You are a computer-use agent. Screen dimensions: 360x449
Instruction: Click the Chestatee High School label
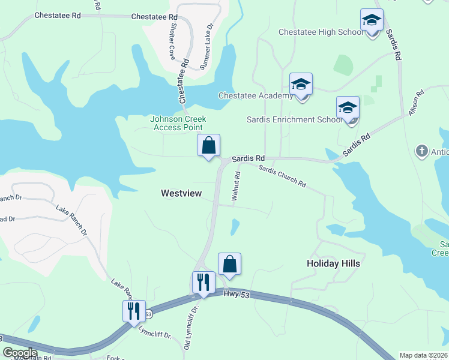pos(321,32)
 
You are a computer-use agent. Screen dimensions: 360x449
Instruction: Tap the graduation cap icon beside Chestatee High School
pos(372,21)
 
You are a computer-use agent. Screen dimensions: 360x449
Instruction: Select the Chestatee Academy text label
pos(256,95)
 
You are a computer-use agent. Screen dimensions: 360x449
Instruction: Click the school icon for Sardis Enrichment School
pos(348,109)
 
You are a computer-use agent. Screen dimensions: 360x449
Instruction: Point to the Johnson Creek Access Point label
pos(177,123)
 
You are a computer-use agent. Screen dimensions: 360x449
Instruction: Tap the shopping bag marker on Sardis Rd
pos(209,146)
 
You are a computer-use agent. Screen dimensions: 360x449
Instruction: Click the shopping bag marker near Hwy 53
pos(229,264)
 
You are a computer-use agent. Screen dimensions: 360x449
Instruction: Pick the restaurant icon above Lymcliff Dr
pos(134,311)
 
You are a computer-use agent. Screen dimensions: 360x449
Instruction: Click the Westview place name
pos(180,193)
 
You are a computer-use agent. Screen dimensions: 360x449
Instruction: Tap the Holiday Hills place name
pos(333,263)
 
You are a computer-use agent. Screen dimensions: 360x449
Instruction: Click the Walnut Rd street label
pos(236,186)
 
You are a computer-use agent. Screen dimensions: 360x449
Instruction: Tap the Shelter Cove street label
pos(172,43)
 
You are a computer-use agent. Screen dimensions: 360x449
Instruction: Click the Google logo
pos(20,353)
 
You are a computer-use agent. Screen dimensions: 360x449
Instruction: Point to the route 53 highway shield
pos(148,314)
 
